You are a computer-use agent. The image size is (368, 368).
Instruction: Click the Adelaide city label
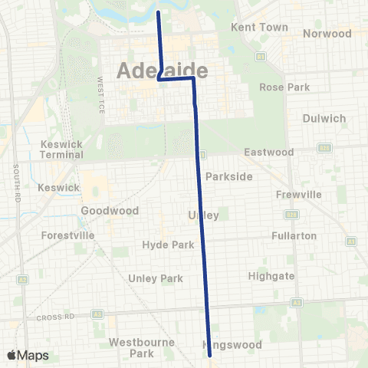(x=163, y=71)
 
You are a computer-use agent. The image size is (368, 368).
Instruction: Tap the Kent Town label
(x=259, y=27)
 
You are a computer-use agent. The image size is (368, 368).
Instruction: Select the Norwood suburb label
(x=327, y=34)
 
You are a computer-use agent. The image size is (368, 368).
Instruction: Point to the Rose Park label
(x=284, y=87)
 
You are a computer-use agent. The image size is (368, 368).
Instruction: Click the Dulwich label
(x=324, y=119)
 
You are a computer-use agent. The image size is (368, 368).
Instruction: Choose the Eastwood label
(x=268, y=153)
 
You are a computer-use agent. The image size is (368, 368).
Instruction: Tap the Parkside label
(x=228, y=176)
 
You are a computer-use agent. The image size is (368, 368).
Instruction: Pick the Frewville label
(x=298, y=195)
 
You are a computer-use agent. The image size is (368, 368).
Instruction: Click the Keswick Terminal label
(x=62, y=149)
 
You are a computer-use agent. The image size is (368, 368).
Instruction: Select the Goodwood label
(x=110, y=211)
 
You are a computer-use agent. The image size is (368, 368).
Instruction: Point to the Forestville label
(x=68, y=235)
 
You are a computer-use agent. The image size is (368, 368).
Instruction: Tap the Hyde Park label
(x=163, y=245)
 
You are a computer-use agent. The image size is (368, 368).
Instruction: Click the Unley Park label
(x=156, y=278)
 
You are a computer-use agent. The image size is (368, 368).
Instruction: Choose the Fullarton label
(x=294, y=236)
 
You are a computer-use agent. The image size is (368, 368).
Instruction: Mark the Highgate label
(x=271, y=276)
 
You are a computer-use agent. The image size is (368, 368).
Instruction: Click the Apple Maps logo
(x=28, y=355)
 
